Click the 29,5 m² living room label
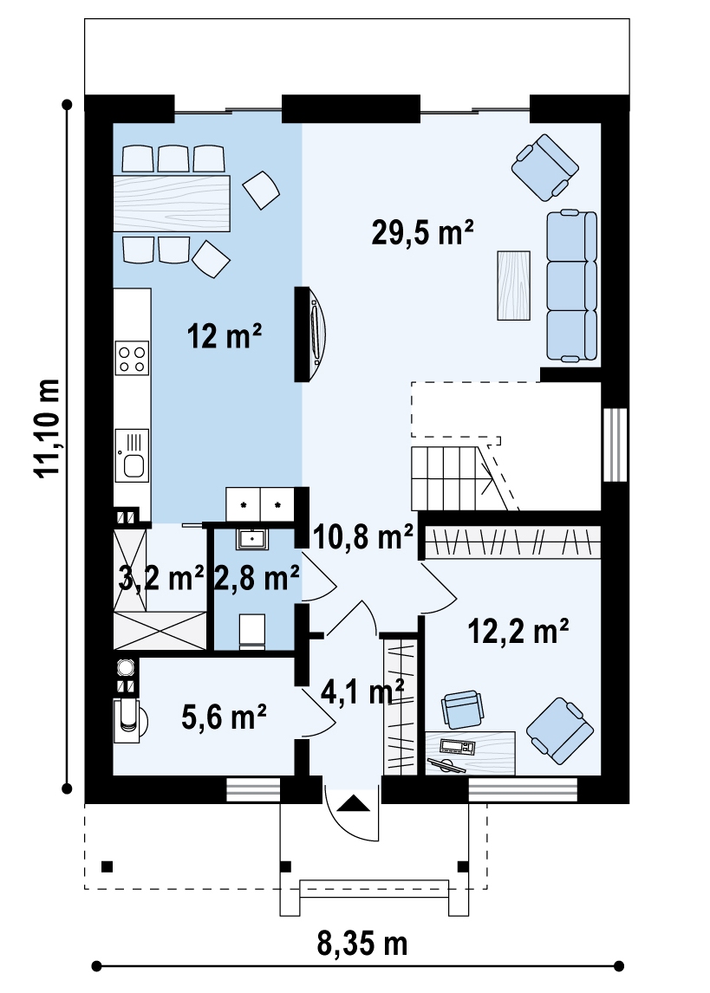click(422, 232)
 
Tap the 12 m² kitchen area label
click(225, 335)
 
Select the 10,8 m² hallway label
click(363, 537)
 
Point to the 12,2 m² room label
click(518, 631)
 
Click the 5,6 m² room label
click(224, 717)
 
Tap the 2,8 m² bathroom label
click(257, 578)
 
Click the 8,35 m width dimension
click(362, 944)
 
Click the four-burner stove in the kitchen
click(133, 358)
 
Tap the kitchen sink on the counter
click(133, 453)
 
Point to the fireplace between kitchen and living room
click(310, 334)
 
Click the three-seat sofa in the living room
click(572, 286)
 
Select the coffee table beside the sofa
click(514, 286)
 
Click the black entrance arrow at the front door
click(354, 803)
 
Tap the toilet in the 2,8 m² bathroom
click(252, 631)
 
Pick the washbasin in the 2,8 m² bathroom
click(253, 539)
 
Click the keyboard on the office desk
click(457, 747)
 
